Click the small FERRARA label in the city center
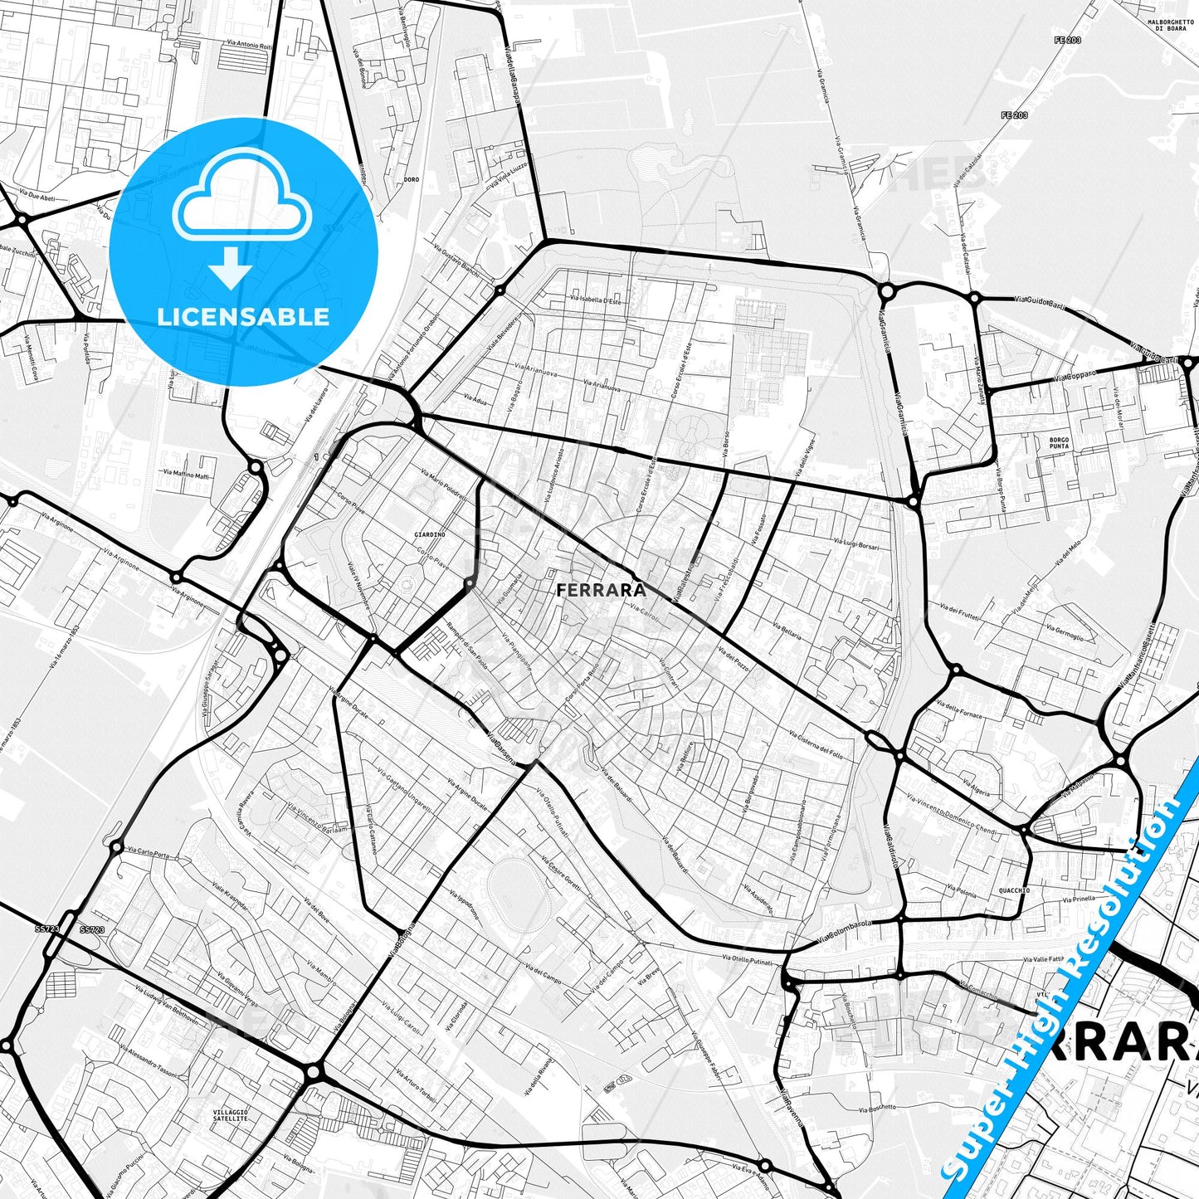pyautogui.click(x=601, y=590)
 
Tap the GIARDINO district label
pyautogui.click(x=430, y=535)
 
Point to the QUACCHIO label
pyautogui.click(x=1014, y=890)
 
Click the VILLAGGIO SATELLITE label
pyautogui.click(x=231, y=1114)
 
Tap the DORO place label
pyautogui.click(x=412, y=179)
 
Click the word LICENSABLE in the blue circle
pyautogui.click(x=243, y=317)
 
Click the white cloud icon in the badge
pyautogui.click(x=241, y=198)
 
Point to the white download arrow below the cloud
pyautogui.click(x=232, y=268)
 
